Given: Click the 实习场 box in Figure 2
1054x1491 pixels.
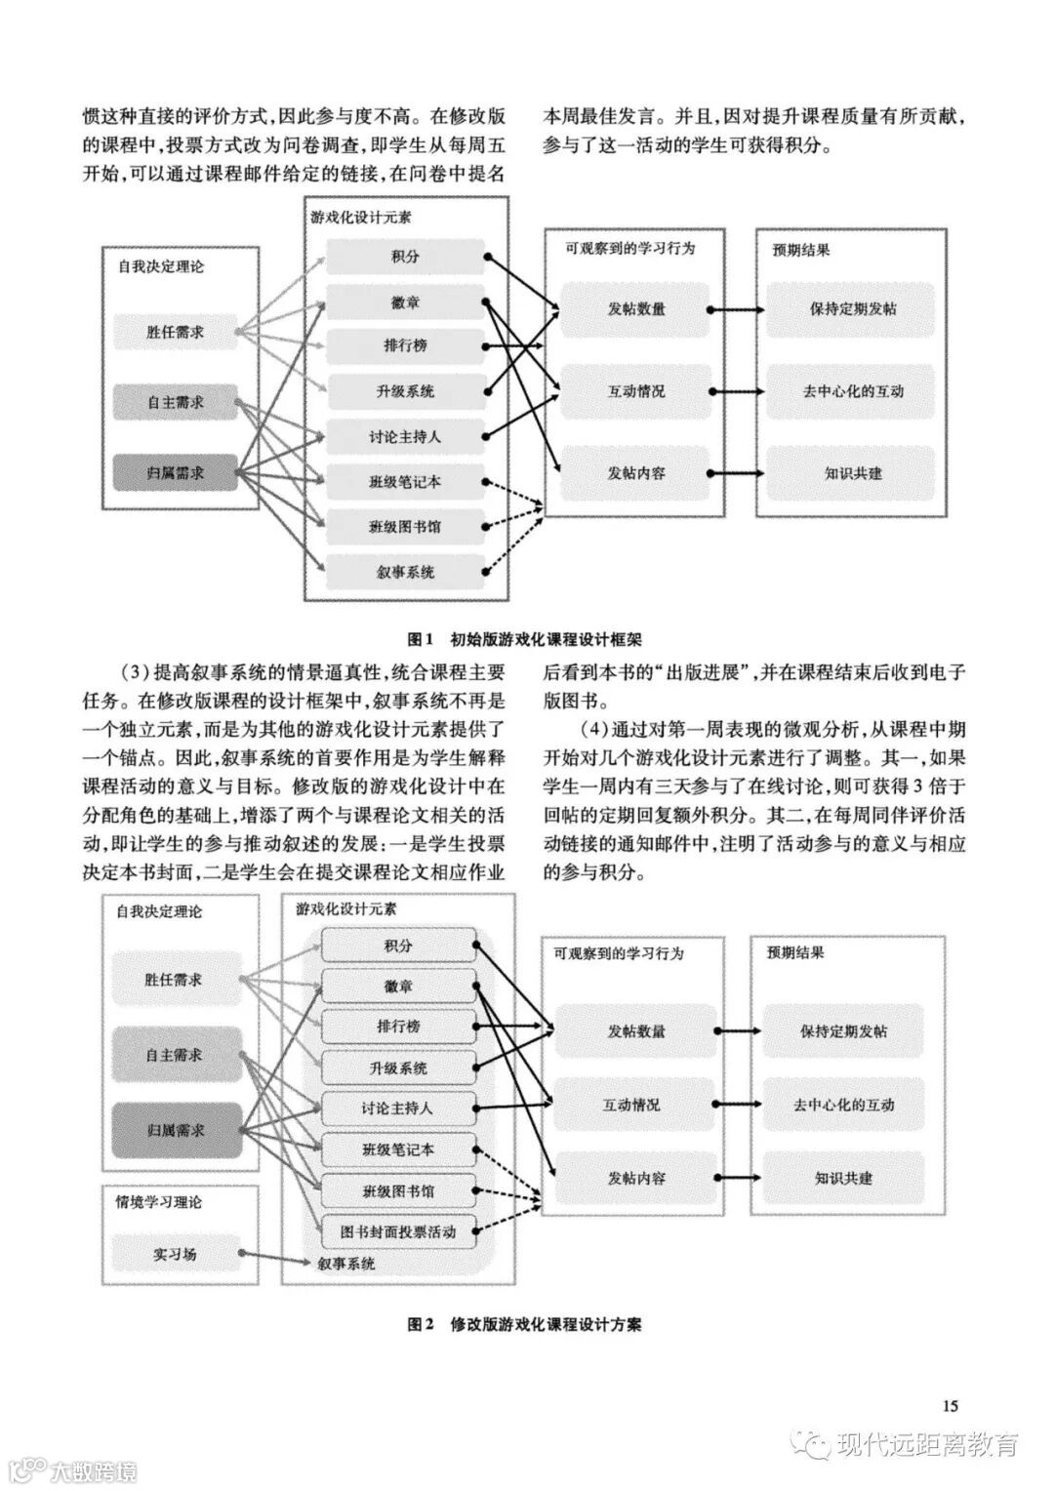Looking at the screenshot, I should [x=174, y=1254].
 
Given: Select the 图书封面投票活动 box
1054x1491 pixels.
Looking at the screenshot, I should [x=398, y=1231].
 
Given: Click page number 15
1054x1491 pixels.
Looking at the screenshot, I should [x=951, y=1406].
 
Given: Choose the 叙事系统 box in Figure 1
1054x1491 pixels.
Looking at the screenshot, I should [x=405, y=573].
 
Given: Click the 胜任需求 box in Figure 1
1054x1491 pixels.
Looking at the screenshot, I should [x=176, y=332].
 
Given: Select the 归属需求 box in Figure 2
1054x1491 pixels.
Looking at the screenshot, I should [x=176, y=1130].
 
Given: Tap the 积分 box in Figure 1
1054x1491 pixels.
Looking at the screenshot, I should [x=405, y=257].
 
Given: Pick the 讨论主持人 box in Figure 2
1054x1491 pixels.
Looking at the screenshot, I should [x=398, y=1108].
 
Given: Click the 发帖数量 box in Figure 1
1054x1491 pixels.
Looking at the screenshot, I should [x=636, y=309].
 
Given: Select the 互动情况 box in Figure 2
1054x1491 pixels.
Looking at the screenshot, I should [x=630, y=1105].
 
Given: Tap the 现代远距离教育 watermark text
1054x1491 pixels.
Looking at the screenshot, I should [x=926, y=1444].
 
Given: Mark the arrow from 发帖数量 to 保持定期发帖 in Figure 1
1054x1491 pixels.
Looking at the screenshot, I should [x=737, y=310].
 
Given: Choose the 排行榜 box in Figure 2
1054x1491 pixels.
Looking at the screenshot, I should [x=398, y=1027].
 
